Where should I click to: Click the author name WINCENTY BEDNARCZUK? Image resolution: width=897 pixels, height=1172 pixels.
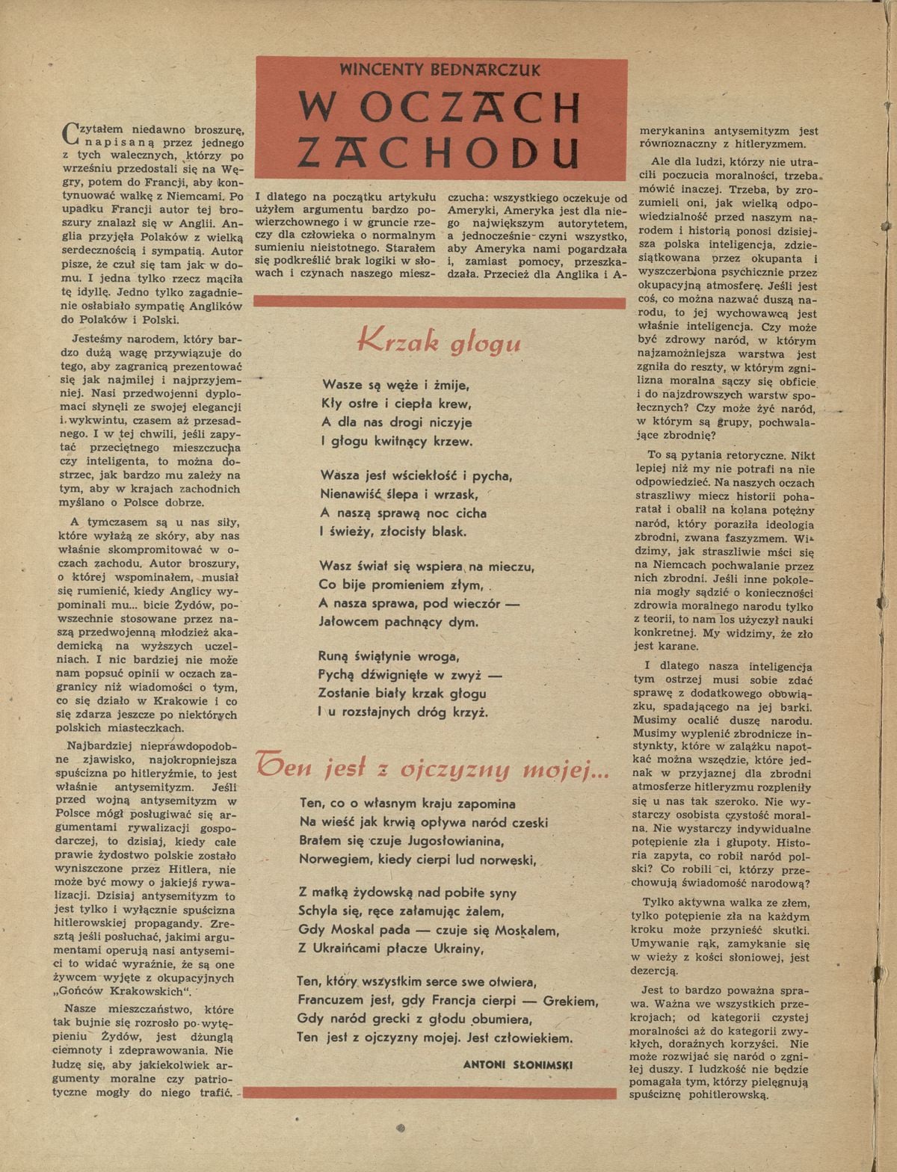coord(440,70)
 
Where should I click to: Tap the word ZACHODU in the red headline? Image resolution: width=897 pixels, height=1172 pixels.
coord(440,150)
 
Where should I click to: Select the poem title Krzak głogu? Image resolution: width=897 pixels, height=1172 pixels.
coord(440,342)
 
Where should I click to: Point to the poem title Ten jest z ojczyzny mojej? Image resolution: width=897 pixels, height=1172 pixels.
coord(432,768)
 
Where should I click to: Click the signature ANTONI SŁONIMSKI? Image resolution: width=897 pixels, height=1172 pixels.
coord(517,1064)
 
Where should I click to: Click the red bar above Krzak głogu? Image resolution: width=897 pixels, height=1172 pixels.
coord(440,303)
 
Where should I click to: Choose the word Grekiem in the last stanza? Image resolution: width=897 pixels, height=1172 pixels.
coord(571,1002)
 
